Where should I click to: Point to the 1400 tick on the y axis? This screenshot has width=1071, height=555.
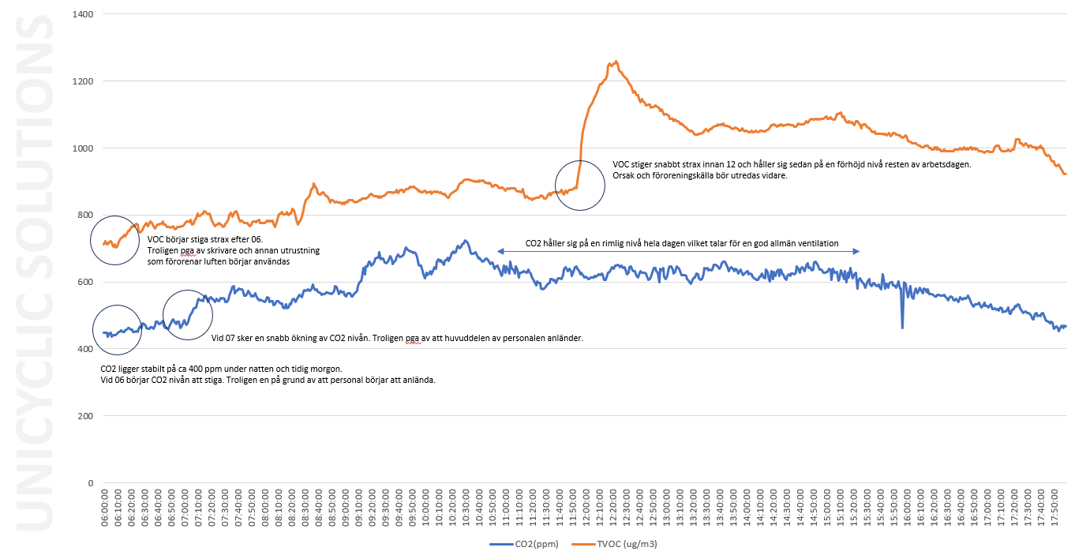click(81, 14)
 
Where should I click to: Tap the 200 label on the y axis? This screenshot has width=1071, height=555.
click(84, 416)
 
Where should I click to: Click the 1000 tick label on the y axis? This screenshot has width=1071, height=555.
click(81, 148)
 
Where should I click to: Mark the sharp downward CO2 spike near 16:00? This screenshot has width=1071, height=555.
click(902, 327)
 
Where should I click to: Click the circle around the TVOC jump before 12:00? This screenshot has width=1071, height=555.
click(580, 185)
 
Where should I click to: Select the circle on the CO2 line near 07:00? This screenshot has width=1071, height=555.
click(188, 314)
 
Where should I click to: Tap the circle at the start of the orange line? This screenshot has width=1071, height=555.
click(115, 239)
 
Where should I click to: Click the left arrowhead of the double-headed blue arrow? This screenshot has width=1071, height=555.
click(500, 251)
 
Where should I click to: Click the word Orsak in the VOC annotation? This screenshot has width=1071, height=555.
click(624, 176)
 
